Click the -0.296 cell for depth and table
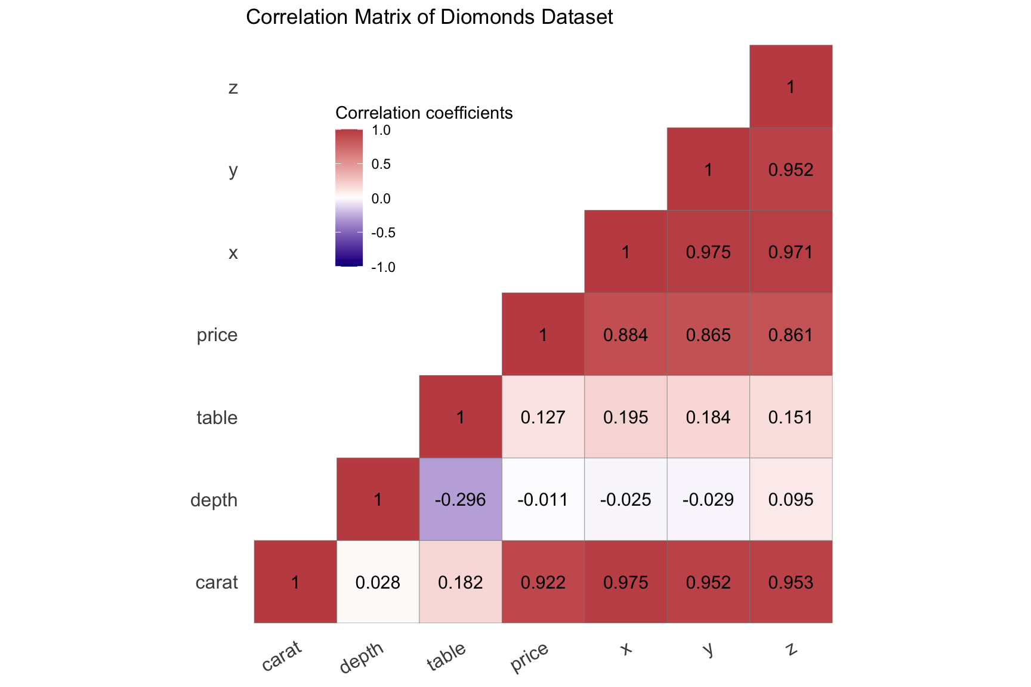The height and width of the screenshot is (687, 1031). click(x=460, y=499)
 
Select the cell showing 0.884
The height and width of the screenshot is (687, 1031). click(x=625, y=334)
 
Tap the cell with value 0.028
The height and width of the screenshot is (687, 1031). click(x=378, y=581)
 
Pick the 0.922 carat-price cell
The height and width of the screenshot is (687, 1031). click(x=543, y=581)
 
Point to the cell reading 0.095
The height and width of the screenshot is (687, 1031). click(x=791, y=499)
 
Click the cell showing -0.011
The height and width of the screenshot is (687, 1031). click(x=543, y=499)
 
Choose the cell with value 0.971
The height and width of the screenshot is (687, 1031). click(x=791, y=252)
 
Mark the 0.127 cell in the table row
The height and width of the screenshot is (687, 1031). click(x=543, y=417)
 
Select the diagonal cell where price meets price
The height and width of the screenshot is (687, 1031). click(x=543, y=334)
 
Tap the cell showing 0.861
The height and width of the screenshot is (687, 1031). click(x=791, y=334)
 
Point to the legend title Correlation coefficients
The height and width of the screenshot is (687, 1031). click(x=424, y=113)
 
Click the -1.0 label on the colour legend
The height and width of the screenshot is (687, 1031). click(x=383, y=267)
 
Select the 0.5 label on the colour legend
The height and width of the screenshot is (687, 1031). click(x=381, y=164)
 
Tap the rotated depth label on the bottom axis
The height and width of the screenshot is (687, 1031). click(x=361, y=658)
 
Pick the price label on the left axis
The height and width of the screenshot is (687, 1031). click(x=217, y=335)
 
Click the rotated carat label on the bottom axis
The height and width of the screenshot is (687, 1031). click(x=282, y=656)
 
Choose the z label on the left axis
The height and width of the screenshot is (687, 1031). click(x=233, y=88)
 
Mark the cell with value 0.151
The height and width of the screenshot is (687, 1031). click(x=791, y=417)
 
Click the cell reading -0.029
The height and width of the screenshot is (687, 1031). click(x=708, y=499)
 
